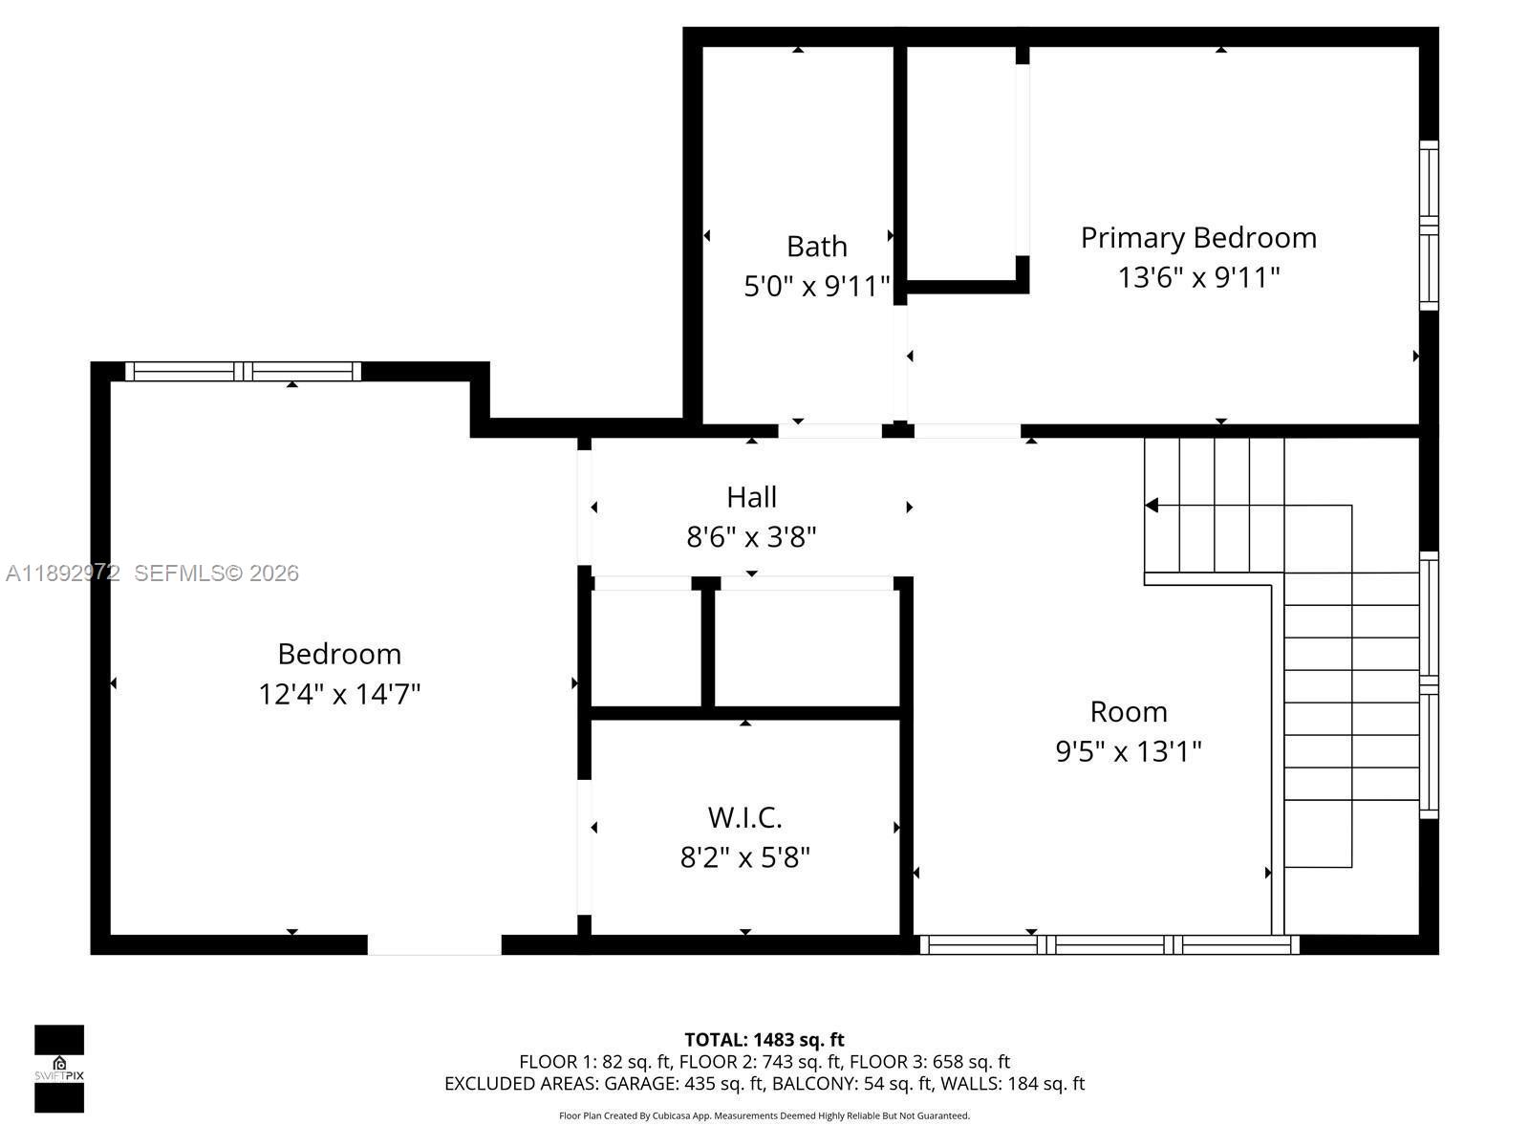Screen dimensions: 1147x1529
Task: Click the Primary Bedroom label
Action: [1198, 238]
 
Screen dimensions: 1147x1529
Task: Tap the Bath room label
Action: [816, 247]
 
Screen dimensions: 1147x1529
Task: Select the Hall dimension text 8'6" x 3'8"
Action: [751, 537]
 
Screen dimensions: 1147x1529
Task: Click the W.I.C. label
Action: [744, 818]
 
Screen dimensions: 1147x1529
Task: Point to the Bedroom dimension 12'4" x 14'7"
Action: [339, 694]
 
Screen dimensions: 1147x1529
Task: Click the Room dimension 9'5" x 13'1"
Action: [1128, 752]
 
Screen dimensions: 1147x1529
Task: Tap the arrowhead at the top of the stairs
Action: [1152, 505]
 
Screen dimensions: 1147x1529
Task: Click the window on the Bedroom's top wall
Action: [244, 372]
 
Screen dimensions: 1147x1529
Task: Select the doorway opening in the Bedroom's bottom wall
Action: [435, 944]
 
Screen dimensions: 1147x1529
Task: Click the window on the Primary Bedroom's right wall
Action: [1428, 226]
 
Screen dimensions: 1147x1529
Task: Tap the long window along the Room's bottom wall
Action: [1109, 944]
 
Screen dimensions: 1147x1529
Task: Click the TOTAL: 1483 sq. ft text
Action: [764, 1039]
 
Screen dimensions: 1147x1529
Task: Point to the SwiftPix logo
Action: [59, 1069]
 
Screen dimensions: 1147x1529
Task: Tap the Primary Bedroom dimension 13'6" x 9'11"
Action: [1198, 278]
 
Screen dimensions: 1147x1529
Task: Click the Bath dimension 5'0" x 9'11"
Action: [816, 287]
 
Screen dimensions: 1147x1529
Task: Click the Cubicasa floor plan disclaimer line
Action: [764, 1115]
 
